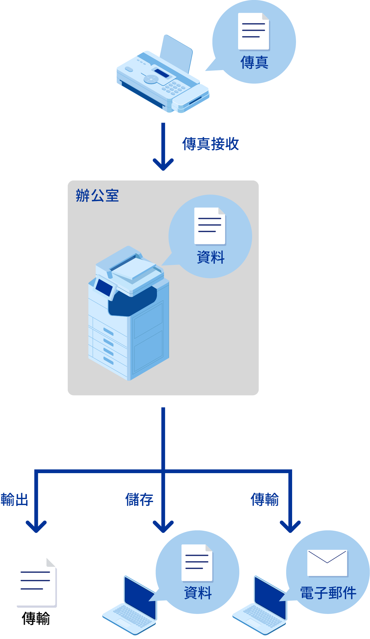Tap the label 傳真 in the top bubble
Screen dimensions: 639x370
pyautogui.click(x=254, y=63)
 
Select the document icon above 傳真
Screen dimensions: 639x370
pyautogui.click(x=254, y=31)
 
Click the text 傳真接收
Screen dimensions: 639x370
pyautogui.click(x=211, y=144)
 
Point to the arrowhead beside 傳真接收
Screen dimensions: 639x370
pyautogui.click(x=163, y=164)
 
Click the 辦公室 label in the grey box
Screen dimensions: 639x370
pyautogui.click(x=97, y=196)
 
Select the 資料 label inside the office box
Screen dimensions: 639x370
pyautogui.click(x=211, y=257)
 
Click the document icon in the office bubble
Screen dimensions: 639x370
pyautogui.click(x=210, y=226)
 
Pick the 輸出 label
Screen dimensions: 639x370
pyautogui.click(x=14, y=500)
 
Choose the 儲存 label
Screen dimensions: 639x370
pyautogui.click(x=139, y=500)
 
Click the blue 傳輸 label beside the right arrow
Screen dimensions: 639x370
pyautogui.click(x=265, y=500)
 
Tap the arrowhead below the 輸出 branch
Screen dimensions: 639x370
pyautogui.click(x=36, y=527)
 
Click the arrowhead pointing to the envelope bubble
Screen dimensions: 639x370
pyautogui.click(x=290, y=527)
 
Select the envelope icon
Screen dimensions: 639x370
pyautogui.click(x=327, y=563)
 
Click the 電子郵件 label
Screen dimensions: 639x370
pyautogui.click(x=328, y=593)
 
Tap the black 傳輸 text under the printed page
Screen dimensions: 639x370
pyautogui.click(x=36, y=618)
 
